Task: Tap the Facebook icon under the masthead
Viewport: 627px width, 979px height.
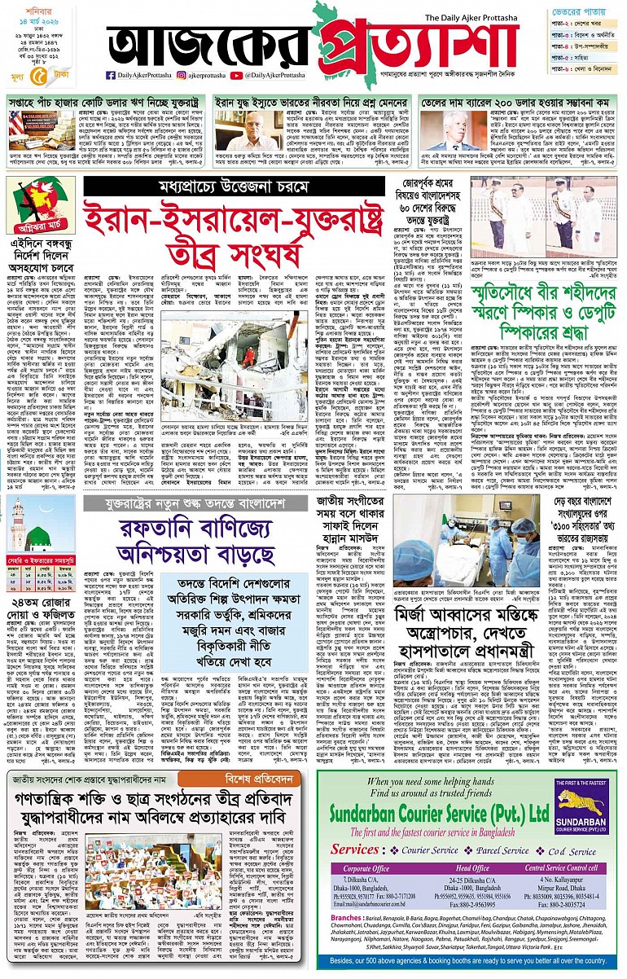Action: [111, 76]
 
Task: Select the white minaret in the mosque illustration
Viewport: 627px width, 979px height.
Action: [17, 521]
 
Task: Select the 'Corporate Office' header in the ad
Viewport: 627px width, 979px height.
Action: [358, 869]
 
